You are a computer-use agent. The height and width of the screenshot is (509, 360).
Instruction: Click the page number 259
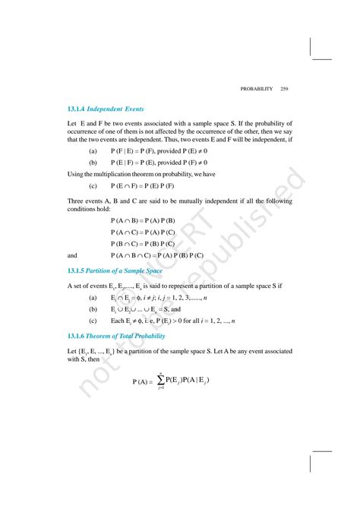pyautogui.click(x=285, y=89)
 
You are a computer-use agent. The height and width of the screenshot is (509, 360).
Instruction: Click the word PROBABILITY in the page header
pyautogui.click(x=257, y=89)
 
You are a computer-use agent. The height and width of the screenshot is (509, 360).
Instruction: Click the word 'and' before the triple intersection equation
pyautogui.click(x=73, y=255)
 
